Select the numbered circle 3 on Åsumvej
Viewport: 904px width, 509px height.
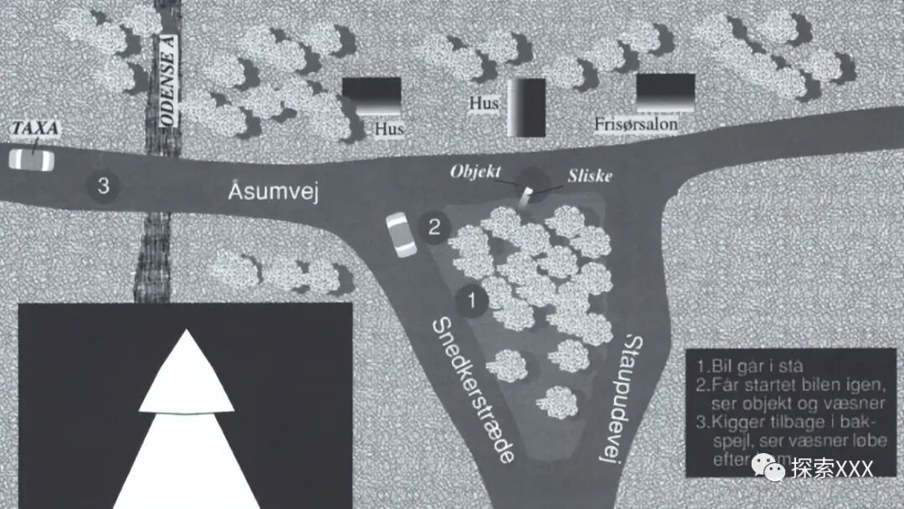click(103, 186)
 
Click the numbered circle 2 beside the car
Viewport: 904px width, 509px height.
click(434, 226)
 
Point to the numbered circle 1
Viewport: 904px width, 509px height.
click(472, 299)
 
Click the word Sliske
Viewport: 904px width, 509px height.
click(591, 177)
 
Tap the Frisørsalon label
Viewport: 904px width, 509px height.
click(636, 125)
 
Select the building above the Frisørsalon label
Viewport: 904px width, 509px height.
click(665, 92)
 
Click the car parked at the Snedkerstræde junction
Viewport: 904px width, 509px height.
click(401, 234)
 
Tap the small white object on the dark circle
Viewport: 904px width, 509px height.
click(526, 194)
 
